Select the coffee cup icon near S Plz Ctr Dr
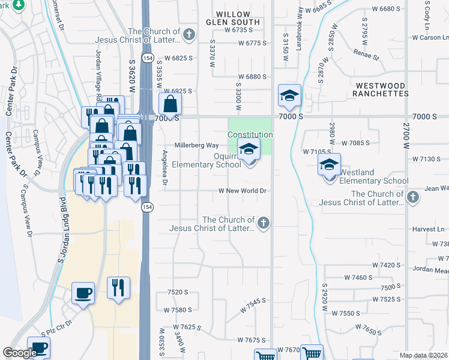83,293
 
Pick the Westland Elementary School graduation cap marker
329,165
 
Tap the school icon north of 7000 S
289,96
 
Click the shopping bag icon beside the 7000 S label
170,103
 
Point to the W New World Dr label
242,191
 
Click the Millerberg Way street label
196,145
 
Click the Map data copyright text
424,355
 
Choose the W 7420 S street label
386,265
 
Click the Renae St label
367,58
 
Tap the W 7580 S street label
178,310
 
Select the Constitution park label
250,135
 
